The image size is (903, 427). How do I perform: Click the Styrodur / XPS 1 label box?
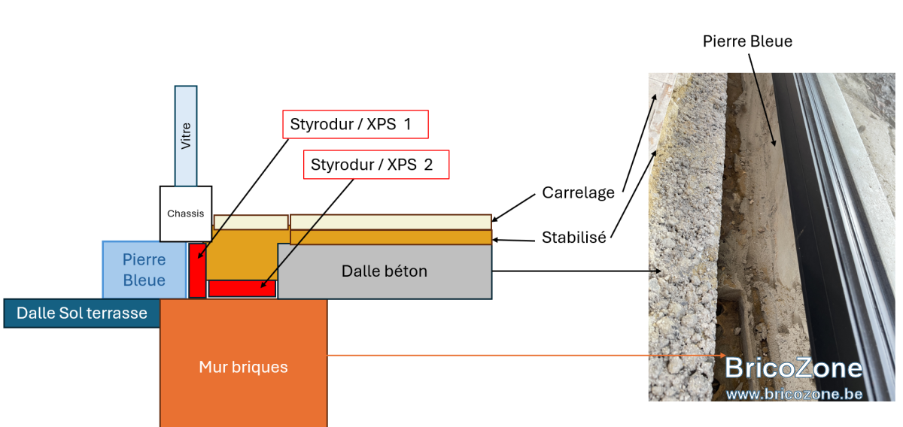[355, 124]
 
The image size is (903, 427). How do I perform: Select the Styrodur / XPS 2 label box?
[376, 165]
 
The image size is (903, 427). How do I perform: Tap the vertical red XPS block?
[197, 271]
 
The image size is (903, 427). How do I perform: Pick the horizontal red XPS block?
[242, 289]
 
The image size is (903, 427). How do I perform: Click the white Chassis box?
[186, 214]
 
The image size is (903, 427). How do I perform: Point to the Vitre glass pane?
[186, 136]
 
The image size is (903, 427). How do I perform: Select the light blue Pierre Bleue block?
[144, 270]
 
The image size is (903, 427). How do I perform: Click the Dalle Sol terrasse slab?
[82, 313]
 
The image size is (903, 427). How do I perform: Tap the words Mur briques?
[243, 367]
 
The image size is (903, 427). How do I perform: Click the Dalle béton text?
[385, 271]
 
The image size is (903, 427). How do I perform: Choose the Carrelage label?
[578, 192]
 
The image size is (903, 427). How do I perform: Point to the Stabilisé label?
[573, 238]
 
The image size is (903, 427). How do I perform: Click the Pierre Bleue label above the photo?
[747, 41]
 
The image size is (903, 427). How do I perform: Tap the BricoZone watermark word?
[793, 368]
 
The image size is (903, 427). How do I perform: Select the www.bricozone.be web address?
[794, 394]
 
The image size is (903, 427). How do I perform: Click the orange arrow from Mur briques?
[527, 356]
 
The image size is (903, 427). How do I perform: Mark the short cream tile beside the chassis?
[251, 223]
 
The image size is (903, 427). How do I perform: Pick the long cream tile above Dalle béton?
[391, 222]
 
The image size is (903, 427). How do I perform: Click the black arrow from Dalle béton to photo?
[576, 271]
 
